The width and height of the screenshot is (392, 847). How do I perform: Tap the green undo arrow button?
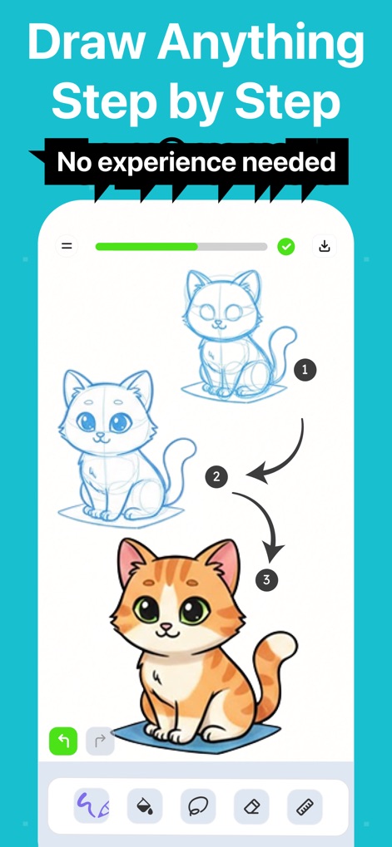pyautogui.click(x=63, y=741)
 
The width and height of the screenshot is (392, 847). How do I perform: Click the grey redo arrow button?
pyautogui.click(x=100, y=741)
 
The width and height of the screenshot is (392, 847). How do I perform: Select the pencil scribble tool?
pyautogui.click(x=92, y=805)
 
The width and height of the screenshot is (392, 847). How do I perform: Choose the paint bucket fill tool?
pyautogui.click(x=144, y=805)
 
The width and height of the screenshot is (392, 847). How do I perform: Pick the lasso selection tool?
pyautogui.click(x=197, y=805)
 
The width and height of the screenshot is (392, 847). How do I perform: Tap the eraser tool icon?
pyautogui.click(x=251, y=805)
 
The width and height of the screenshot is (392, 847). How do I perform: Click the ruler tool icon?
pyautogui.click(x=305, y=805)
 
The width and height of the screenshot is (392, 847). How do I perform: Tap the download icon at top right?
pyautogui.click(x=324, y=246)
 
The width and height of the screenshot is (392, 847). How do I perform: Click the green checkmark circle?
pyautogui.click(x=285, y=246)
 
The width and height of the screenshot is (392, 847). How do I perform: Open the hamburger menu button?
pyautogui.click(x=67, y=246)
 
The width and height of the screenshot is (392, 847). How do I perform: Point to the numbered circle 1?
pyautogui.click(x=305, y=370)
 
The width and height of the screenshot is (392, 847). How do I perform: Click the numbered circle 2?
pyautogui.click(x=216, y=477)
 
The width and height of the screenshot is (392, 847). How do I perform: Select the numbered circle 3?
pyautogui.click(x=266, y=580)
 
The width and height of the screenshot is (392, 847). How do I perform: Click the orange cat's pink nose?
pyautogui.click(x=167, y=625)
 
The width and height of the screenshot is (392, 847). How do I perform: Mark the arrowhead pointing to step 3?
pyautogui.click(x=272, y=551)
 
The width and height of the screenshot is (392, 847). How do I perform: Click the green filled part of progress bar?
pyautogui.click(x=146, y=246)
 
